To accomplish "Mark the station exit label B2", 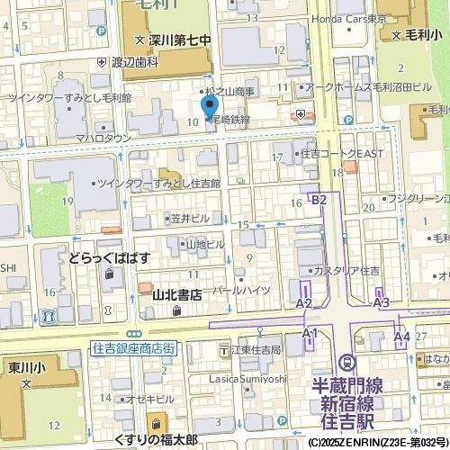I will (319, 200).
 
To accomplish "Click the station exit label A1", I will (310, 333).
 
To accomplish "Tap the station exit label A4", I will (401, 336).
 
